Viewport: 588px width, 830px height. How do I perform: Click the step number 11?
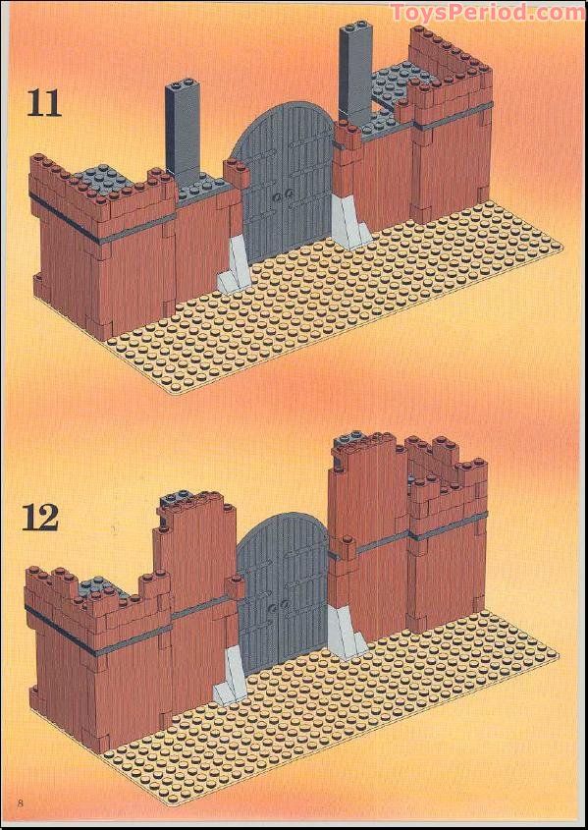click(44, 103)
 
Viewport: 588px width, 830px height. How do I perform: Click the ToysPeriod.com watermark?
click(487, 11)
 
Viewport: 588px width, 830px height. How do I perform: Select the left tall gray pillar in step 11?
click(183, 128)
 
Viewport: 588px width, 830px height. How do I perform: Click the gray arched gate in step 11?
click(285, 180)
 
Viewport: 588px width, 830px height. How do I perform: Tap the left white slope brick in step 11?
click(234, 264)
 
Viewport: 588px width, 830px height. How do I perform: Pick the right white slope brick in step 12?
click(346, 633)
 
